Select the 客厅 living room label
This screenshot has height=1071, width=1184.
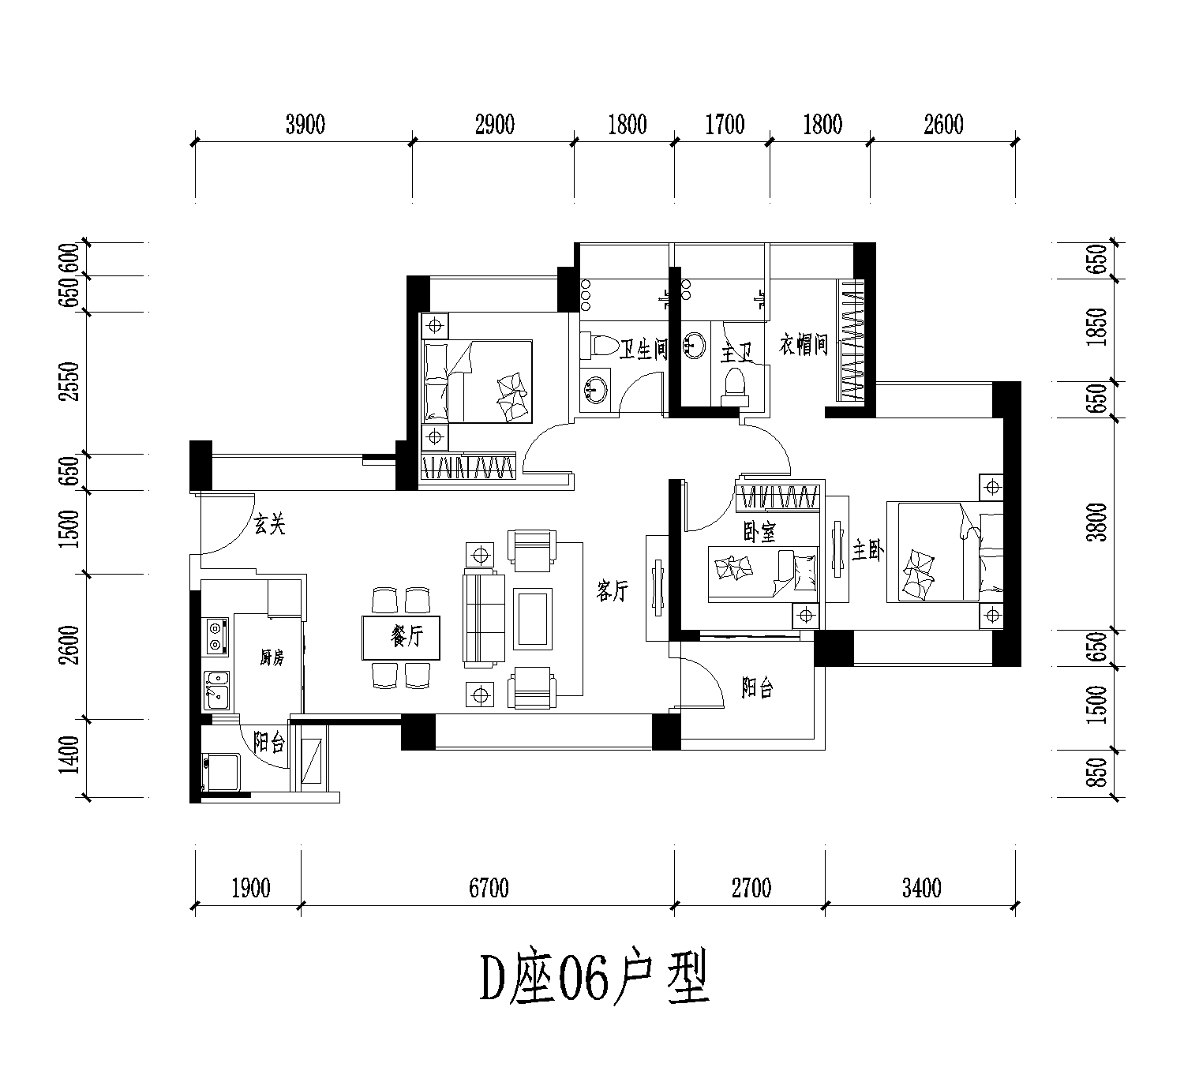(x=613, y=590)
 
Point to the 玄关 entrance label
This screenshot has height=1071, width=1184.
(x=270, y=524)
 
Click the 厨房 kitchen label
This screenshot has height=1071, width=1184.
(x=272, y=657)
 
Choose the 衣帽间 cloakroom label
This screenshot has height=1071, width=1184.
(x=804, y=345)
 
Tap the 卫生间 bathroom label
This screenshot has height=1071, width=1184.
(x=643, y=350)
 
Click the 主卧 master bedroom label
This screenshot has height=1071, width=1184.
(x=866, y=549)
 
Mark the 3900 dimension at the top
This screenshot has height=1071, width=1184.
(x=305, y=125)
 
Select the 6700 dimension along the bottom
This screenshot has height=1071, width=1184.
(x=489, y=888)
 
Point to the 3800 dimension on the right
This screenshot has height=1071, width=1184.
(x=1096, y=522)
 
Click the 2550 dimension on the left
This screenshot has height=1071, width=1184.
(x=69, y=382)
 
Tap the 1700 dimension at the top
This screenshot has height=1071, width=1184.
(x=724, y=125)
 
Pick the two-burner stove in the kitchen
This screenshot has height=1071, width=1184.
(x=214, y=636)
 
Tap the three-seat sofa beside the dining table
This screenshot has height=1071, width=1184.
(x=483, y=617)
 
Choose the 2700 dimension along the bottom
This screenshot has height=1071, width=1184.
(x=751, y=888)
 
